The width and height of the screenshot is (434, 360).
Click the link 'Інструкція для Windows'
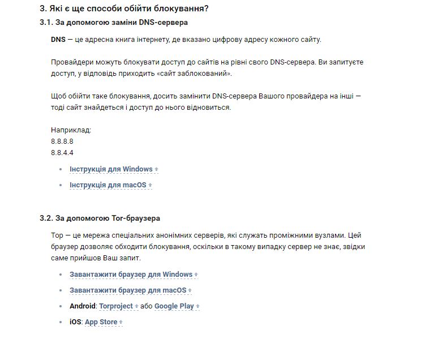coord(111,169)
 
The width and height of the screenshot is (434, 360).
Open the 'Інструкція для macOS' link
coord(108,185)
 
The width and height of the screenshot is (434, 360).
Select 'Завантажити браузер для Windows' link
coord(131,275)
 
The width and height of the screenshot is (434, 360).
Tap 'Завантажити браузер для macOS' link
coord(128,290)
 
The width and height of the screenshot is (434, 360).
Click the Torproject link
coord(116,306)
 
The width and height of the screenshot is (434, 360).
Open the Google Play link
coord(174,306)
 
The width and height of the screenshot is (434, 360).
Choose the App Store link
coord(101,322)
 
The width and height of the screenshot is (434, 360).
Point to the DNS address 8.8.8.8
coord(62,142)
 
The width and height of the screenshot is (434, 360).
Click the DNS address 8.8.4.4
coord(62,153)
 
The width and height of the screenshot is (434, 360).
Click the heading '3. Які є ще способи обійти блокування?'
coord(124,8)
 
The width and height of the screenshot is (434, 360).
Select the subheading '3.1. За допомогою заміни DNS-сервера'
coord(114,23)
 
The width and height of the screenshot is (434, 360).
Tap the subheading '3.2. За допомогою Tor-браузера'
coord(100,218)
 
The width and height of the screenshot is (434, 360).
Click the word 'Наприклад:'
coord(71,130)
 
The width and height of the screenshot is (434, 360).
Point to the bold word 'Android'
coord(83,306)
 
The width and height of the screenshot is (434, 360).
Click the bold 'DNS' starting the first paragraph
coord(58,40)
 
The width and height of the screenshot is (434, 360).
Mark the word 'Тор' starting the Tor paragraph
coord(57,235)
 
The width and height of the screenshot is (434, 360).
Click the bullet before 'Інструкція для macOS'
coord(61,185)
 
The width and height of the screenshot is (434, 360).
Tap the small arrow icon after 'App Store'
coord(121,323)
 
